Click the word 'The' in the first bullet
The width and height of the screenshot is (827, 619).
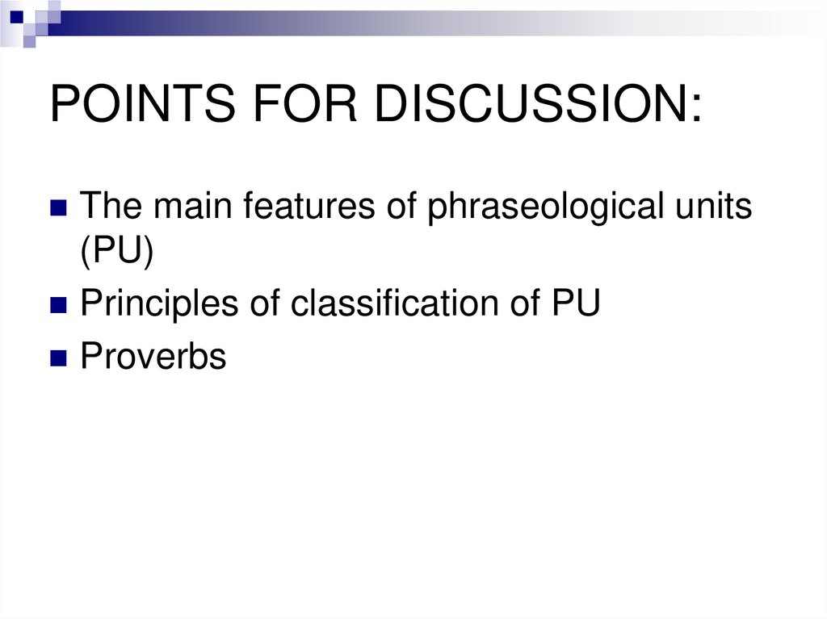click(111, 208)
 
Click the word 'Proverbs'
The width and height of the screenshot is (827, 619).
click(153, 356)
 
